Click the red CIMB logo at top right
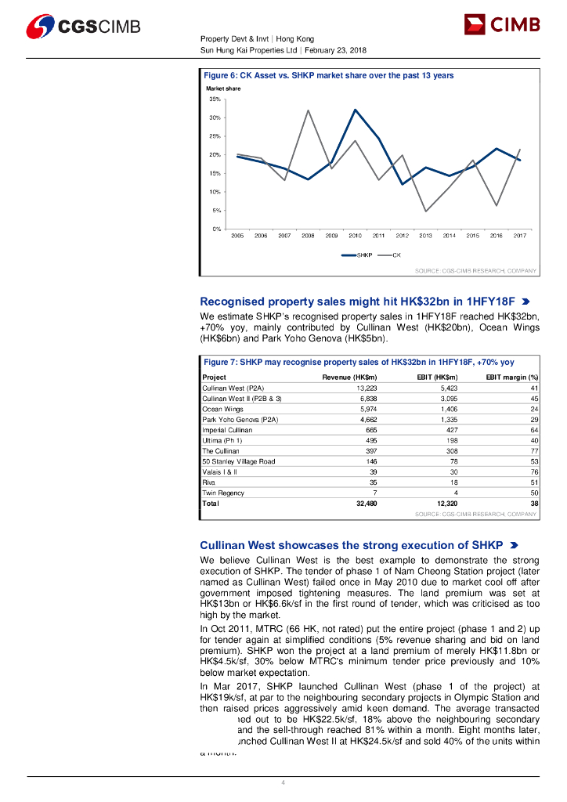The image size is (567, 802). click(x=502, y=26)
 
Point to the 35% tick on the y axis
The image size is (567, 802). click(x=215, y=99)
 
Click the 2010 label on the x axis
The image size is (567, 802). click(x=355, y=235)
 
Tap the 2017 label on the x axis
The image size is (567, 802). click(x=519, y=235)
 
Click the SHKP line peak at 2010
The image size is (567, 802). click(x=355, y=110)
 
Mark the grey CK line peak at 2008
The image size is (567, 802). click(x=308, y=110)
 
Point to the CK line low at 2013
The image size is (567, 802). click(x=425, y=211)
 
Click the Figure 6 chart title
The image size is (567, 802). click(x=329, y=75)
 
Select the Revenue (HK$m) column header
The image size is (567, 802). click(x=350, y=378)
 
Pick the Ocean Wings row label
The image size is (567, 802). click(x=223, y=409)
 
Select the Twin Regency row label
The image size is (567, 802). click(x=223, y=493)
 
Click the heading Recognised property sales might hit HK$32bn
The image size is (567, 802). click(x=357, y=301)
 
